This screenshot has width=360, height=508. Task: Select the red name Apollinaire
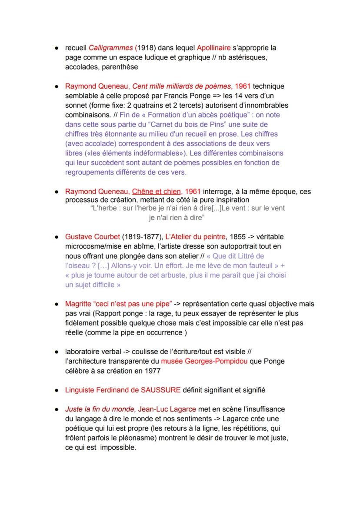click(x=213, y=48)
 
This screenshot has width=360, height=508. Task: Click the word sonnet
click(x=76, y=105)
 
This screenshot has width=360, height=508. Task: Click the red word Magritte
click(x=78, y=304)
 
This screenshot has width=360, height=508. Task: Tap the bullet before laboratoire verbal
click(x=57, y=352)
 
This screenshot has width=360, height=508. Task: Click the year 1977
click(x=152, y=371)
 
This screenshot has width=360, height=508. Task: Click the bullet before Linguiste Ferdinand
click(x=57, y=390)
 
